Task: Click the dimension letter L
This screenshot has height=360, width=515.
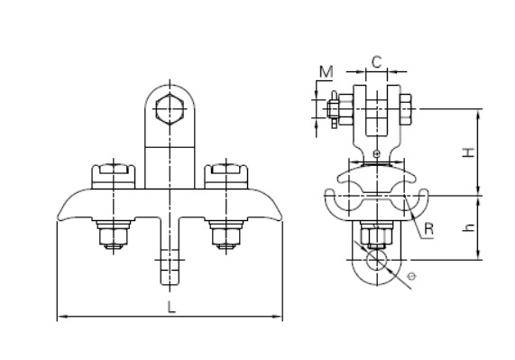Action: [x=171, y=307]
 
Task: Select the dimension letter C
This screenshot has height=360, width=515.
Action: [x=377, y=61]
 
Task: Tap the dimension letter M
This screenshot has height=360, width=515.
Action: [x=326, y=71]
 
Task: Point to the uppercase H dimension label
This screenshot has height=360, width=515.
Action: [x=469, y=152]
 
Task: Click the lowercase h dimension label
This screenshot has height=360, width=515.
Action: [x=469, y=227]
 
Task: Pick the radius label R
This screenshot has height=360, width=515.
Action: [x=429, y=228]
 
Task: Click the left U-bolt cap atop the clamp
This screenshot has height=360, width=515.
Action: [x=114, y=176]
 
